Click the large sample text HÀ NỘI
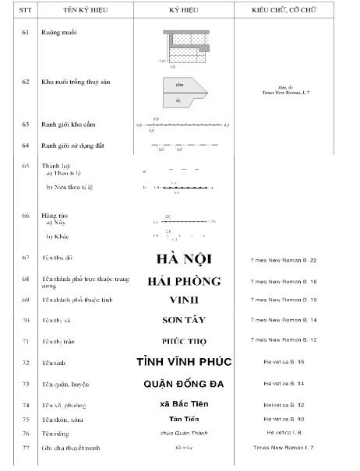(x=184, y=258)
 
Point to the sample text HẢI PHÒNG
(x=184, y=281)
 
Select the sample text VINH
(x=184, y=300)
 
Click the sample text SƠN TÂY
(x=184, y=320)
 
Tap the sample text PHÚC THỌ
(x=184, y=341)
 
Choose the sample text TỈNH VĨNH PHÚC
(x=184, y=363)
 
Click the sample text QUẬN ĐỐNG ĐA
(x=184, y=384)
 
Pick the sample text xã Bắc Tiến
(x=184, y=404)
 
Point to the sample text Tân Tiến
(x=184, y=419)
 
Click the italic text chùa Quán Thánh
(x=184, y=433)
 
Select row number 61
(x=25, y=34)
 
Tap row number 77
(x=25, y=448)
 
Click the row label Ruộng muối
(x=60, y=34)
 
